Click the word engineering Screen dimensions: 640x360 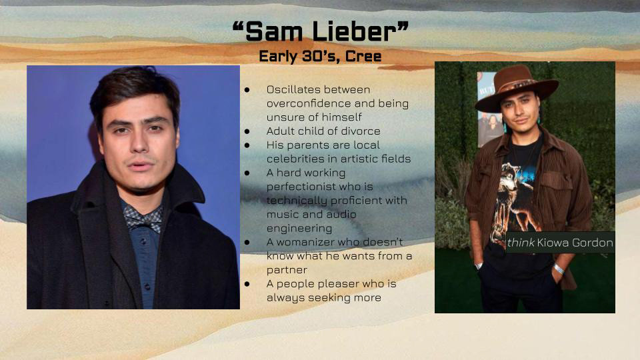coord(299,229)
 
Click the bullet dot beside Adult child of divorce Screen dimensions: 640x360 coord(247,131)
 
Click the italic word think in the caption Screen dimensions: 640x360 coord(521,243)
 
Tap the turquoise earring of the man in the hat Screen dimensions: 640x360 coord(505,125)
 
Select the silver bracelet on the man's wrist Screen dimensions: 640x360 coord(559,269)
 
